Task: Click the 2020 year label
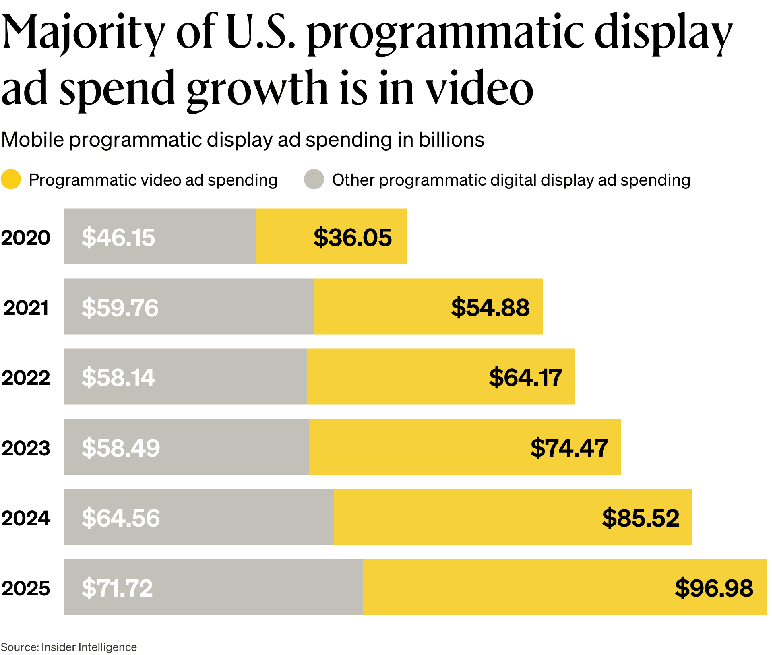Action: (26, 238)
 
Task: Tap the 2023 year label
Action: (26, 448)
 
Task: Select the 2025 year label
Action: (26, 588)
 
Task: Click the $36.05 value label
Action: (352, 237)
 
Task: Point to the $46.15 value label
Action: (118, 237)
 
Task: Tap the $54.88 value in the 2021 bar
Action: (490, 308)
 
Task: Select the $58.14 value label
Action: (118, 378)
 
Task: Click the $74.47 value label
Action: (569, 448)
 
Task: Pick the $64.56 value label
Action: (121, 518)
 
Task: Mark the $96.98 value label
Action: (714, 588)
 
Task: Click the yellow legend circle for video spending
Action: (11, 180)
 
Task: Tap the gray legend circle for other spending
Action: (314, 180)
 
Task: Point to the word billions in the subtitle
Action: (451, 140)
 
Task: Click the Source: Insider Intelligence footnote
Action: (69, 647)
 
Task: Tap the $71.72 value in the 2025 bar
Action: (117, 588)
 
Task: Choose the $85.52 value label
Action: (641, 518)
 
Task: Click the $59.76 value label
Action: (120, 308)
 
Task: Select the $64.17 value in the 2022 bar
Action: (525, 378)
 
